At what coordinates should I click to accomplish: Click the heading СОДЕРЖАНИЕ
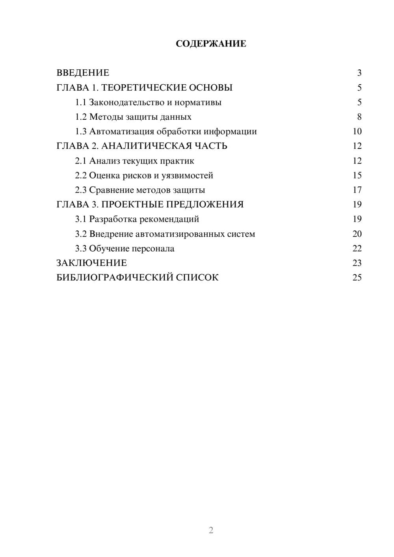211,44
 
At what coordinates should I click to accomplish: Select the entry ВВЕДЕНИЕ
83,73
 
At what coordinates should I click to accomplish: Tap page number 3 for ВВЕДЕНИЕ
359,73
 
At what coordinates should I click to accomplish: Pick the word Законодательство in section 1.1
126,102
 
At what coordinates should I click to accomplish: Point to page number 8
359,117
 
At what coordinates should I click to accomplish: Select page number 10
357,132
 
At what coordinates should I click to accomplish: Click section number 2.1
81,161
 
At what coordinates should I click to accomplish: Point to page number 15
357,175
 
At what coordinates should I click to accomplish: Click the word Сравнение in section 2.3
111,190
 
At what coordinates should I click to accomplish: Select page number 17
357,190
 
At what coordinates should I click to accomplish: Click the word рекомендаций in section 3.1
169,219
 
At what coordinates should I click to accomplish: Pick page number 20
357,234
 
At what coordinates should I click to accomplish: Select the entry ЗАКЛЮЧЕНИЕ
91,263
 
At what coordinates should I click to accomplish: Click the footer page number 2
211,530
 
